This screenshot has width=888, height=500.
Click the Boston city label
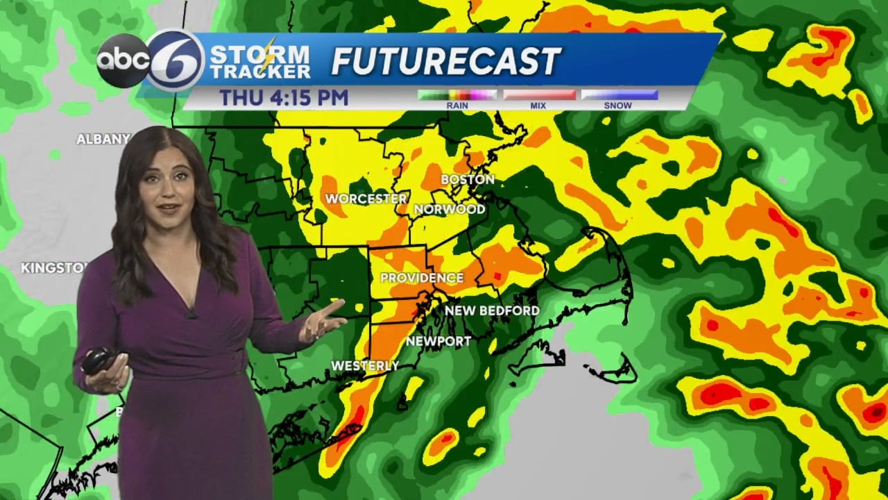tap(468, 180)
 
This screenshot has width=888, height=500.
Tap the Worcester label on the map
tap(366, 199)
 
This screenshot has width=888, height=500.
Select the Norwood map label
tap(450, 209)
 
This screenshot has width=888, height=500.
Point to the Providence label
tap(422, 278)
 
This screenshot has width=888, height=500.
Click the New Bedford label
tap(492, 310)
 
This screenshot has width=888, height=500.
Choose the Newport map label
tap(438, 341)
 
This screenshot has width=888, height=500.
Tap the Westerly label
tap(365, 365)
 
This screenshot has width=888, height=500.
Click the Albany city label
tap(103, 140)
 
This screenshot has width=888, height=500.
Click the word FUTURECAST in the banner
tap(445, 62)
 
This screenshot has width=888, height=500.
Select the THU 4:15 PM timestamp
tap(284, 98)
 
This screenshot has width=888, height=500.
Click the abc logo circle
tap(123, 60)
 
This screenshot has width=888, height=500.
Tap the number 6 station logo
tap(176, 60)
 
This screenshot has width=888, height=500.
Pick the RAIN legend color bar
tap(457, 95)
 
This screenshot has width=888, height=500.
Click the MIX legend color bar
tap(539, 95)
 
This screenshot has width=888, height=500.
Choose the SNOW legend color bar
tap(619, 95)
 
